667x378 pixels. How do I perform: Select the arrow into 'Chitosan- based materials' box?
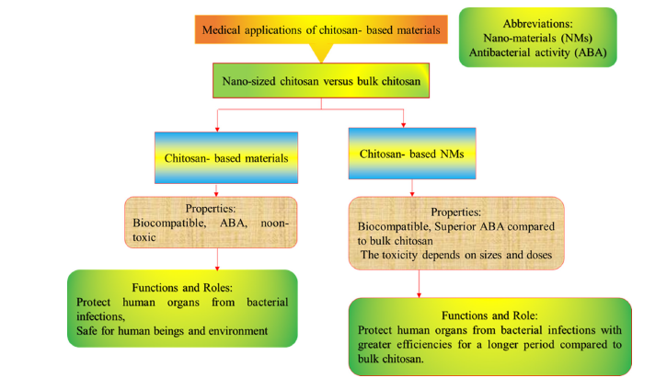[x=216, y=126]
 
